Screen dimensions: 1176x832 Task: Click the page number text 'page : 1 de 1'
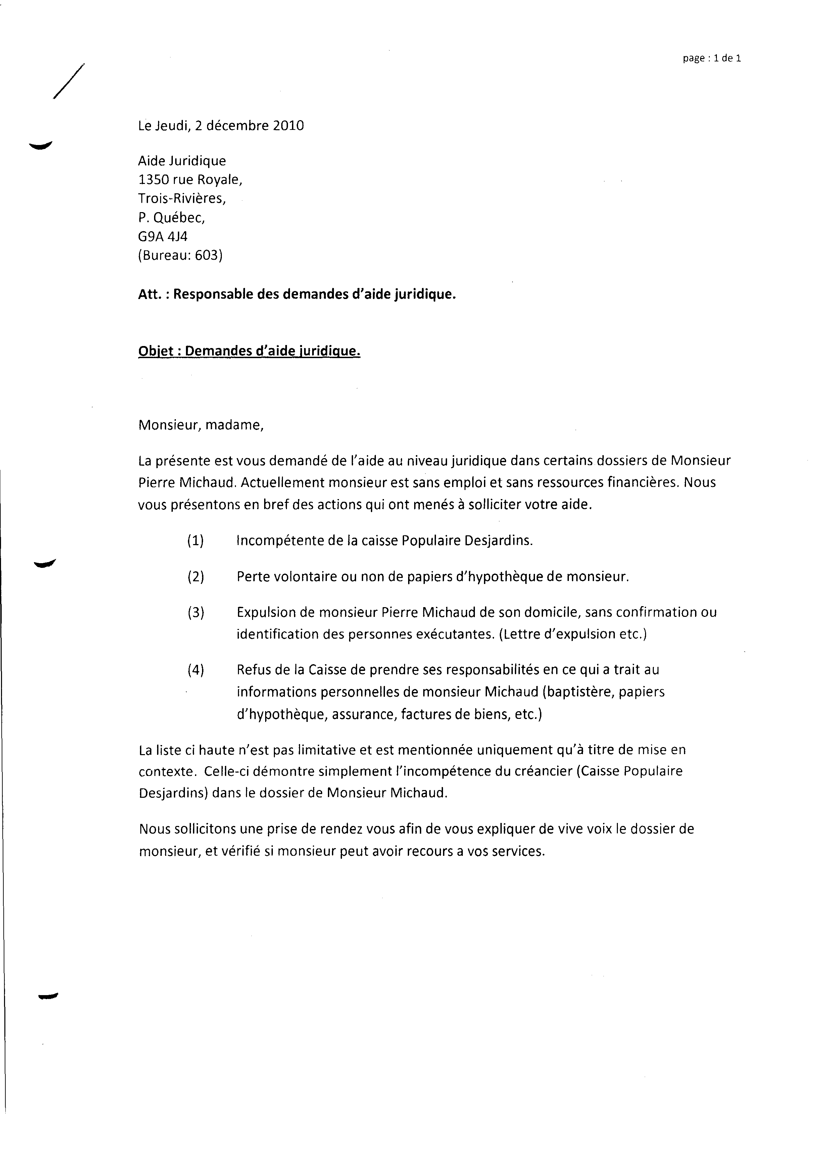(712, 58)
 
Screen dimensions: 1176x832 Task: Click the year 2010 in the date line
(288, 126)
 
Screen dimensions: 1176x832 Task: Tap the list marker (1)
(196, 541)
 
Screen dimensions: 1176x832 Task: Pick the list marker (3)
(196, 612)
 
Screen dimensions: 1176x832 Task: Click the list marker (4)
(196, 670)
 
